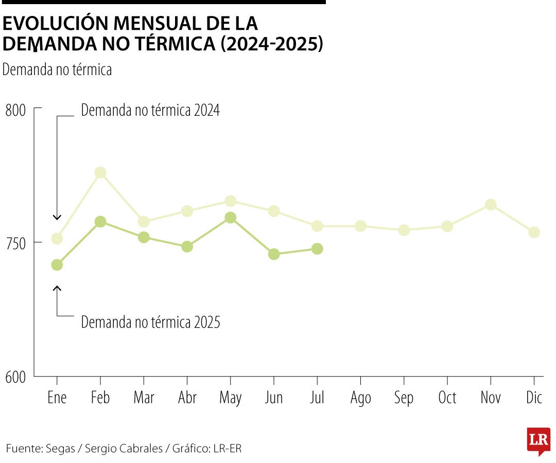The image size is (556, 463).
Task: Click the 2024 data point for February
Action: click(100, 173)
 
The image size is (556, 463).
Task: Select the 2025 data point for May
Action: click(231, 218)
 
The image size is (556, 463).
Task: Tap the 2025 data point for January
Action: click(57, 265)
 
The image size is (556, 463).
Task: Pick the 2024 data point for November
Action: click(491, 205)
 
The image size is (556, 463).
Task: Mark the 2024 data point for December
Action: click(534, 232)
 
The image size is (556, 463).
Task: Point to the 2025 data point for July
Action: click(317, 249)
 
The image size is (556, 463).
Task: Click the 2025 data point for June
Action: click(274, 254)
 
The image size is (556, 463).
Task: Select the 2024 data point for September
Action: click(404, 230)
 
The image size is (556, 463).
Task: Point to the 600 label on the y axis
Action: click(15, 377)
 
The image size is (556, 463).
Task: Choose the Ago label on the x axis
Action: click(360, 398)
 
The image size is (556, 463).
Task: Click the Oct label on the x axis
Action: click(447, 398)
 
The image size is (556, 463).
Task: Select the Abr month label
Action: click(187, 398)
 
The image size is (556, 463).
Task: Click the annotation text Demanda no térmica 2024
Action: click(150, 111)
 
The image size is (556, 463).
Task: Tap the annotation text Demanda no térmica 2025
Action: click(150, 323)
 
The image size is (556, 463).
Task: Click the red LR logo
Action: click(538, 440)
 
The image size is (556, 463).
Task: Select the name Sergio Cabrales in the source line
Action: click(124, 449)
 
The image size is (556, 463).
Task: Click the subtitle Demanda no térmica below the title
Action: click(57, 70)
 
